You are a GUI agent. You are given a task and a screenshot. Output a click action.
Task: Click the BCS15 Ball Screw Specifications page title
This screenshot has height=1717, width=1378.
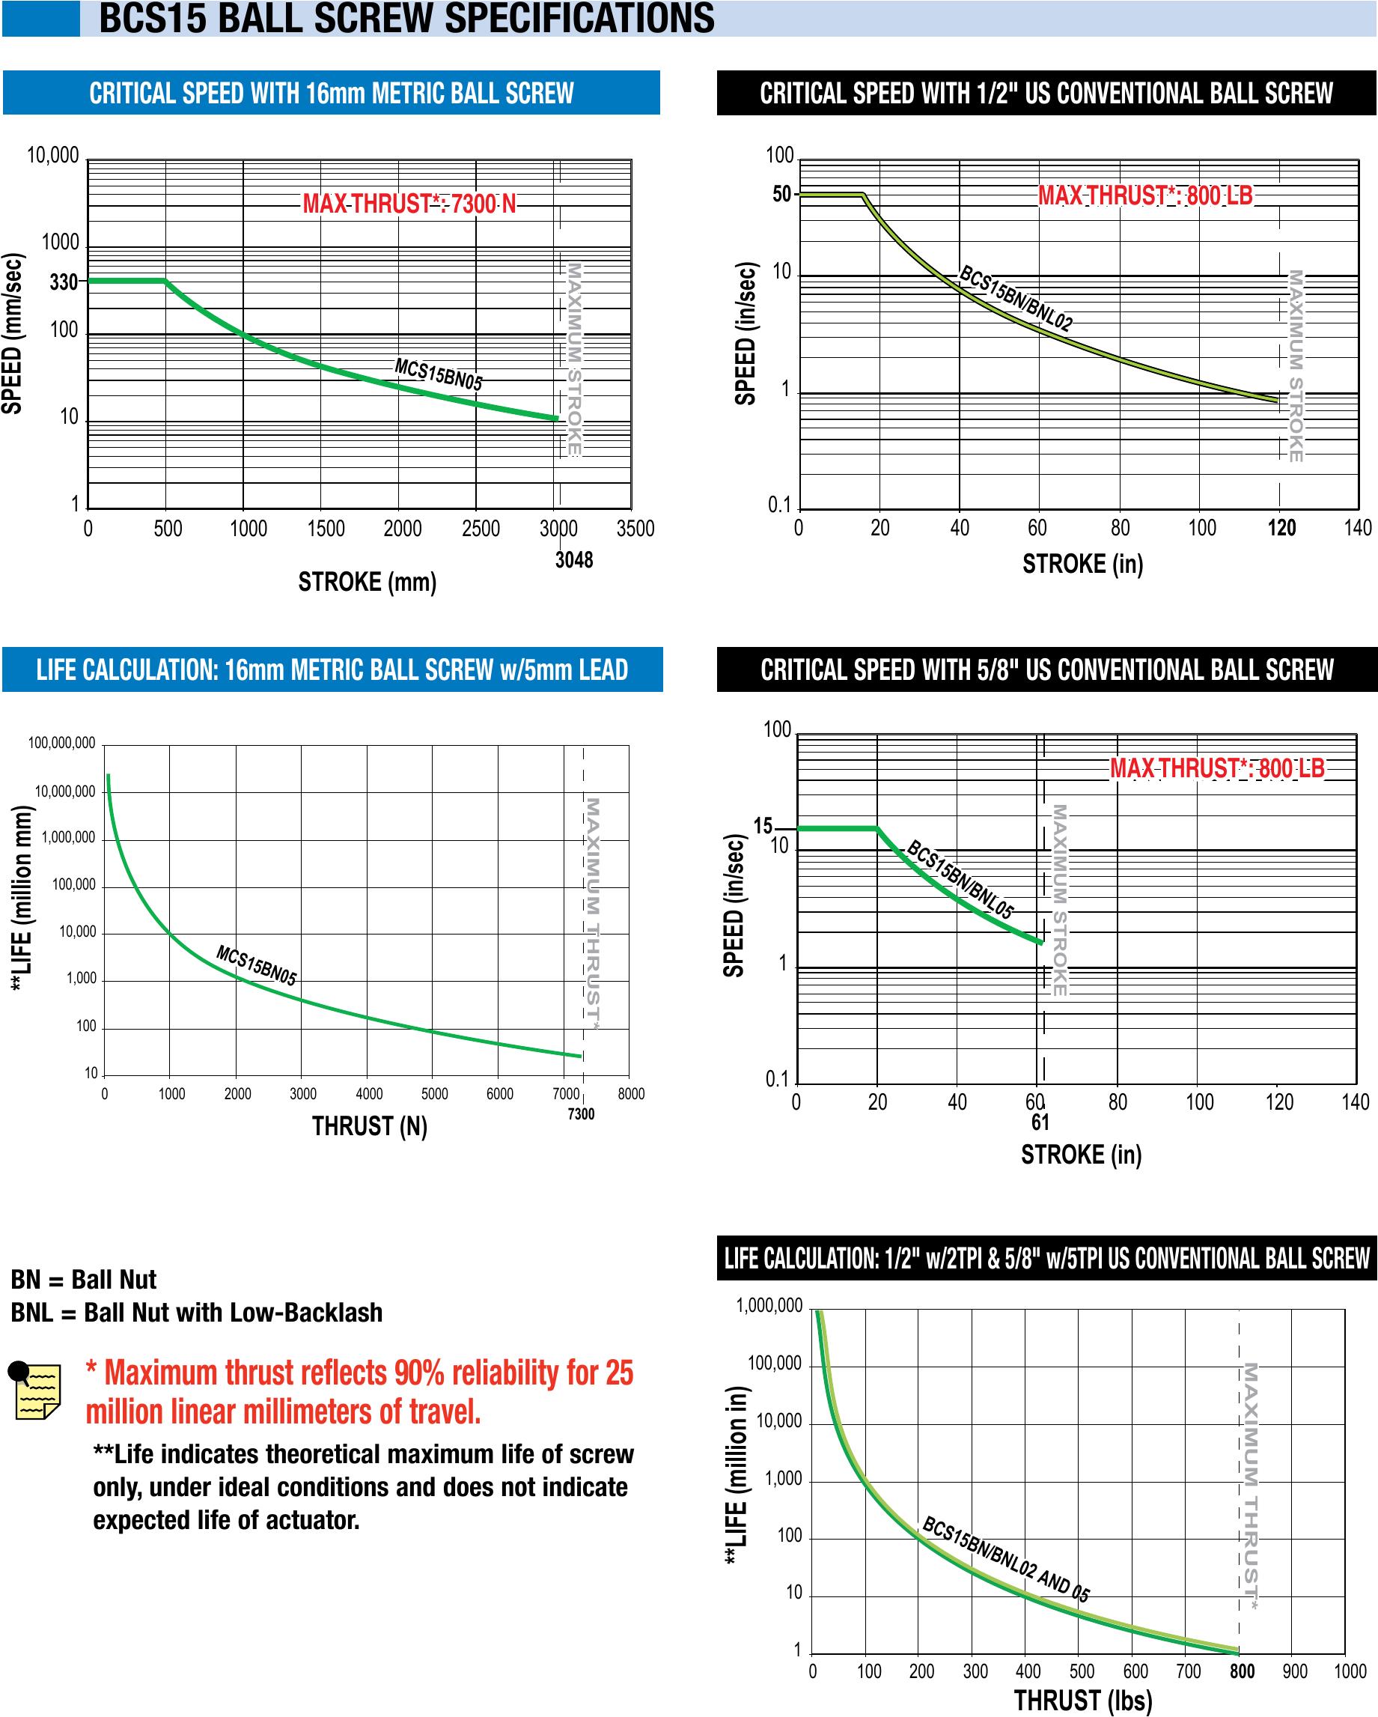tap(406, 18)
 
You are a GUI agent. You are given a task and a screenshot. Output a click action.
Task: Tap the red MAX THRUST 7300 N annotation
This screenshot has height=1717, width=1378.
tap(409, 204)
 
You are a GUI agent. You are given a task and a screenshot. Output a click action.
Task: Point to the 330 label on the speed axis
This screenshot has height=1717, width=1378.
tap(64, 282)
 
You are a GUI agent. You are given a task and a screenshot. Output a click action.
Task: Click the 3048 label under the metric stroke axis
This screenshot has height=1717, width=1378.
tap(574, 560)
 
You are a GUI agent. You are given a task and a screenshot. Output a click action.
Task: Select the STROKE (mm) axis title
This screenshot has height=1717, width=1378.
tap(367, 582)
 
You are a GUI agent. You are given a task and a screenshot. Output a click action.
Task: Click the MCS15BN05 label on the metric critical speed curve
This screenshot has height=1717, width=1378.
tap(439, 374)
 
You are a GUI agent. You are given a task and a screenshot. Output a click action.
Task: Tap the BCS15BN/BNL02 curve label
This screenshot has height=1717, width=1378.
tap(1016, 299)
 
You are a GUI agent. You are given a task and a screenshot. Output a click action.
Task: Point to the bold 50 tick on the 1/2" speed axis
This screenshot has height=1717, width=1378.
tap(781, 195)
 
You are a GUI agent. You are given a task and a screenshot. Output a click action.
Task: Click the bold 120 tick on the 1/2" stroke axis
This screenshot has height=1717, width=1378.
tap(1281, 528)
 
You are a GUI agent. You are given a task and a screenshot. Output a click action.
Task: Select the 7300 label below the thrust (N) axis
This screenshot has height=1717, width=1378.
tap(581, 1114)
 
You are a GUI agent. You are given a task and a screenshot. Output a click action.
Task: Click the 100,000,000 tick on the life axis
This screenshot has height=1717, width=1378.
tap(61, 743)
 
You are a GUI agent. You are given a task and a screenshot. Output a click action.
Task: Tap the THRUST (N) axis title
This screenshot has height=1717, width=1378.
tap(369, 1126)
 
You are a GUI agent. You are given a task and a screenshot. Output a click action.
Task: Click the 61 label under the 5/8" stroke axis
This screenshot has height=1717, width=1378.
tap(1040, 1122)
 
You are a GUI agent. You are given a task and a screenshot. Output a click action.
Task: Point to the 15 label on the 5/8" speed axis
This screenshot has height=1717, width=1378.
tap(763, 827)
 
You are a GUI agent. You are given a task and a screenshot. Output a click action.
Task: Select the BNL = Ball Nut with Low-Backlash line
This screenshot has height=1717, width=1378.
tap(197, 1313)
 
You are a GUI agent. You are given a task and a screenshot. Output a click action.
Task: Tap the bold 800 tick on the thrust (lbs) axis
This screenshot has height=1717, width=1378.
tap(1242, 1671)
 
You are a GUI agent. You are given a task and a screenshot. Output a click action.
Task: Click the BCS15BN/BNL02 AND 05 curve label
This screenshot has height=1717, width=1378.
tap(1005, 1560)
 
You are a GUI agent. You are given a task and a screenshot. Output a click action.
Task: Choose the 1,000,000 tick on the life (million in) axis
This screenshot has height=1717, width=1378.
tap(769, 1306)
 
